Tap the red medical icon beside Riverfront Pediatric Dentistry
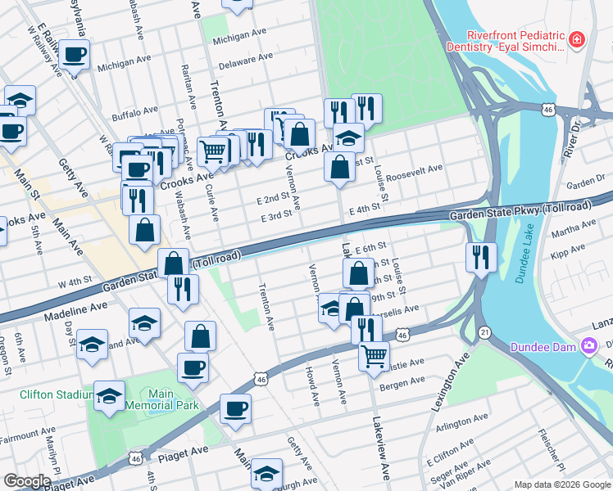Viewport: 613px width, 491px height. [x=577, y=38]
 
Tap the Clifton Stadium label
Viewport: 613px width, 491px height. [x=55, y=394]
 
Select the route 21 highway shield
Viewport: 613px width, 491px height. [x=485, y=331]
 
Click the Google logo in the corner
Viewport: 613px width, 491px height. [x=27, y=481]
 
